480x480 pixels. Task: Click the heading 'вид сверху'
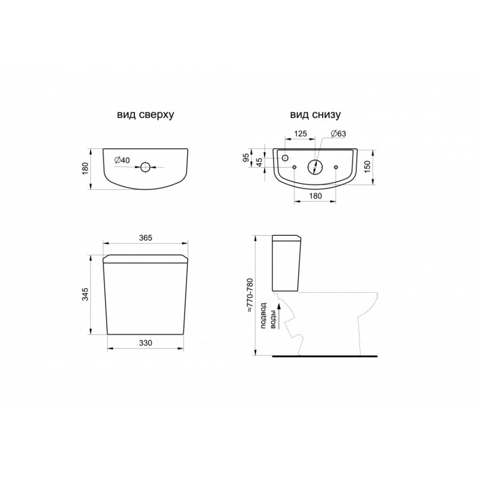145,115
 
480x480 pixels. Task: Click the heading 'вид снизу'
315,115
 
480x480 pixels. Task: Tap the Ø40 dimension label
122,160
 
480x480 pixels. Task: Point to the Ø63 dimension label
338,134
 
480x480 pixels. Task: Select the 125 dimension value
300,134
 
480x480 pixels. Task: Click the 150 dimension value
368,166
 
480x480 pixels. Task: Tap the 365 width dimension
145,238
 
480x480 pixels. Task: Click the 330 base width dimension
145,343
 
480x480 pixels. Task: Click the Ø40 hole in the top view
145,167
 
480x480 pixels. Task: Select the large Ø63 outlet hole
315,167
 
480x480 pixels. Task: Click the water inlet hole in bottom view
285,157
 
